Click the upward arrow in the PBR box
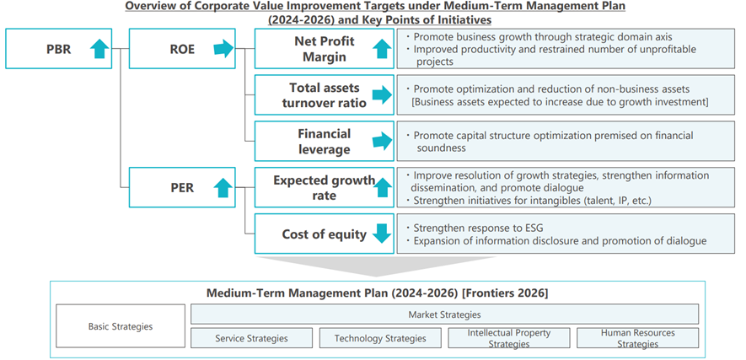pos(99,49)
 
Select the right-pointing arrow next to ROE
pos(223,49)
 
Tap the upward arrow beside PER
pos(223,188)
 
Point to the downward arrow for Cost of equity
pos(382,234)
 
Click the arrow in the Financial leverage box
pos(382,142)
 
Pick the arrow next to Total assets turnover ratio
pos(382,95)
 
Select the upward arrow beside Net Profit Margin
pos(382,49)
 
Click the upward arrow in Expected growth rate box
pos(382,188)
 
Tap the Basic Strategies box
pos(121,326)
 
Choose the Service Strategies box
pos(252,338)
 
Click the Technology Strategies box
pos(380,338)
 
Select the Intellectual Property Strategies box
pos(509,338)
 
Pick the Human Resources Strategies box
pos(638,338)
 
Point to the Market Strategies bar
pos(445,314)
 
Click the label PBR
pos(58,49)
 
